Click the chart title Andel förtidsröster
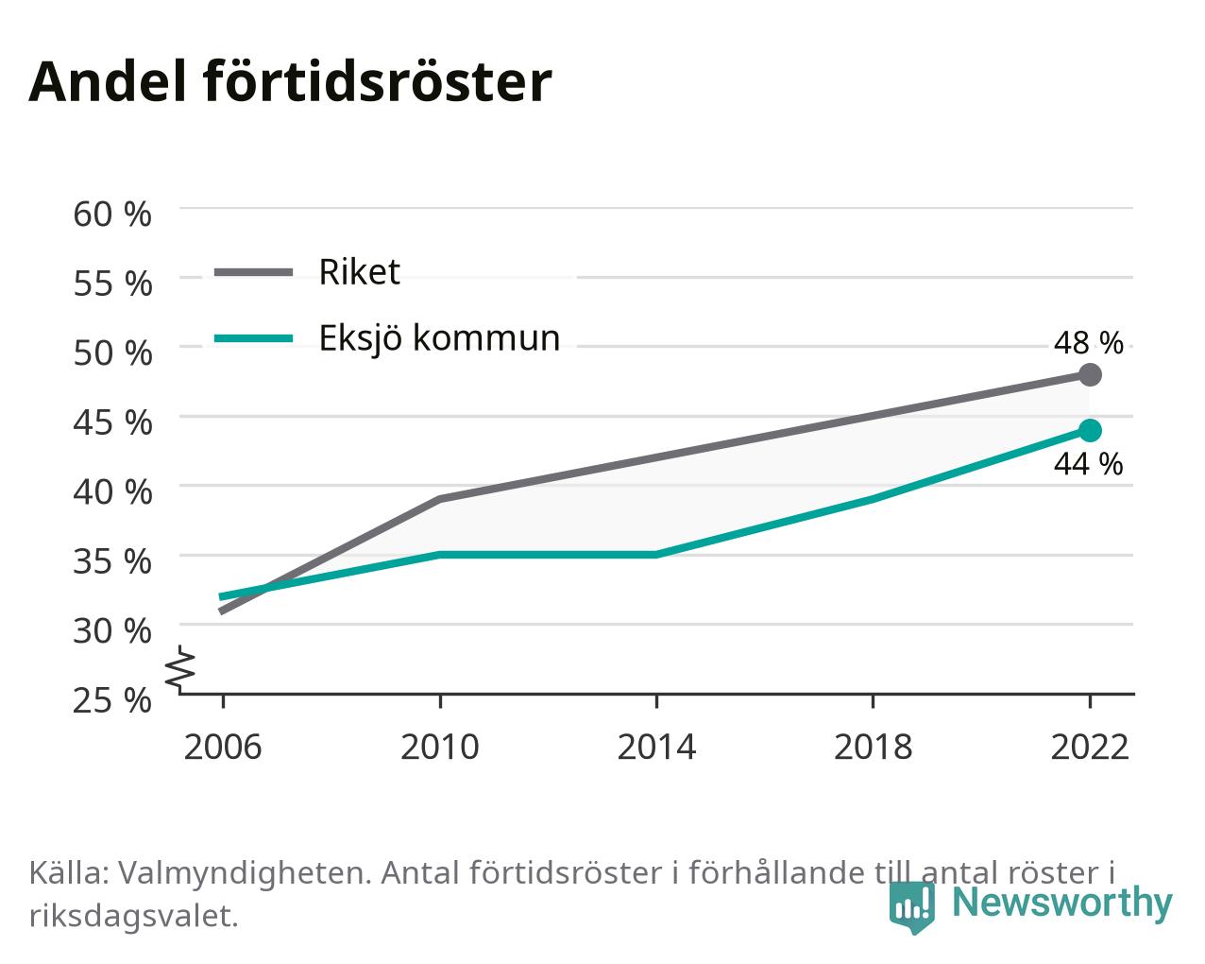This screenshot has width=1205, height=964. click(290, 82)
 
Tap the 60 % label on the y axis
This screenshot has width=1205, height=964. click(112, 215)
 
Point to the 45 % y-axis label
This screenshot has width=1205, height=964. click(112, 422)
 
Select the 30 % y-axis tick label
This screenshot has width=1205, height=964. click(112, 631)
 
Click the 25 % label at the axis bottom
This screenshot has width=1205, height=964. click(112, 700)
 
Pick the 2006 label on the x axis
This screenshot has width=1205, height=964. click(223, 747)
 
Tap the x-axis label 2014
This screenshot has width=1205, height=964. click(656, 747)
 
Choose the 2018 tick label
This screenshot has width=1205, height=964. click(873, 747)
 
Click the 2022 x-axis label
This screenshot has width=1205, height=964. click(1090, 747)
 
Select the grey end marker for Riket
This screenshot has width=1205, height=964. click(1090, 374)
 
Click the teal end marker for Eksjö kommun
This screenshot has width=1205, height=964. click(1090, 430)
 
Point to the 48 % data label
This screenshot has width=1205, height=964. click(1089, 342)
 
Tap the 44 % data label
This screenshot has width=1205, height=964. click(1089, 464)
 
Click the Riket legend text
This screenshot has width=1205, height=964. click(360, 272)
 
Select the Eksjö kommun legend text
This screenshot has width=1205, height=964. click(439, 338)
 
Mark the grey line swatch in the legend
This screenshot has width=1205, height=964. click(254, 273)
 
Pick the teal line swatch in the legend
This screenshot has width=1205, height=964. click(254, 338)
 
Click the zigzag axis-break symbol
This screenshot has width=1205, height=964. click(180, 667)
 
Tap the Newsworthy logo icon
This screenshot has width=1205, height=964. click(911, 906)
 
